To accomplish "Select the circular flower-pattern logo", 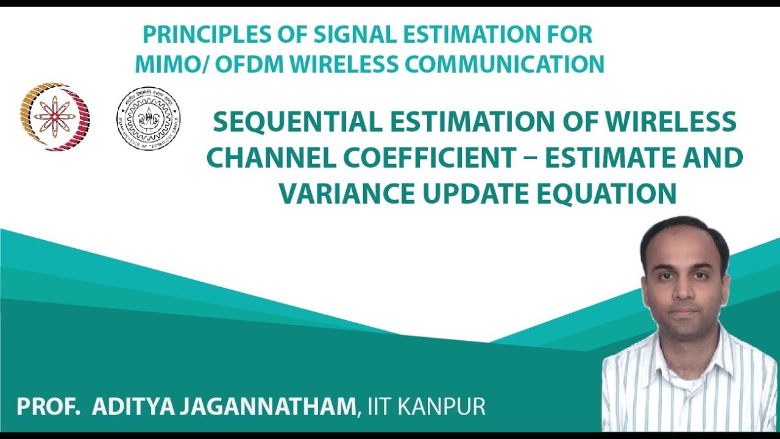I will pyautogui.click(x=55, y=117).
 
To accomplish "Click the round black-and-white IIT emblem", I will pyautogui.click(x=149, y=119).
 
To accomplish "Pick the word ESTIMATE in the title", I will pyautogui.click(x=613, y=159).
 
